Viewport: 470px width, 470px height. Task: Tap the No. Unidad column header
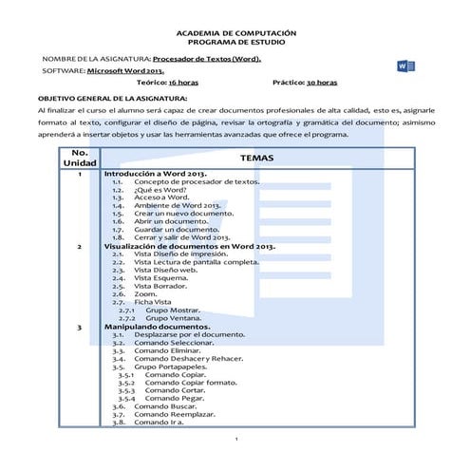coord(80,159)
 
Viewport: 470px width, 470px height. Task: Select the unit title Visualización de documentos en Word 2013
coord(189,246)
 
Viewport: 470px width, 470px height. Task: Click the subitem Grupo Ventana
coord(174,318)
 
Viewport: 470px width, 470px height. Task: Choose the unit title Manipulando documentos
coord(158,327)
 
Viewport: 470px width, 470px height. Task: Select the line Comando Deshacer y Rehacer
coord(189,359)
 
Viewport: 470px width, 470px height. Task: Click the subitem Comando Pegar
coord(177,399)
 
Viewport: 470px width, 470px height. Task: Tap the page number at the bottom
coord(235,440)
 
